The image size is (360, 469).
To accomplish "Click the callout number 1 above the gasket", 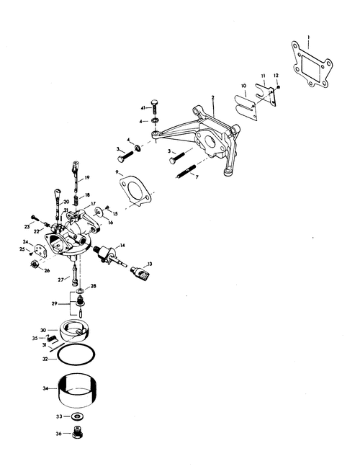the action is pyautogui.click(x=309, y=37).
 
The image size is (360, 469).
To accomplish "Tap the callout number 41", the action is pyautogui.click(x=143, y=107).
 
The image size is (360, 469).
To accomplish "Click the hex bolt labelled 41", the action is pyautogui.click(x=155, y=107).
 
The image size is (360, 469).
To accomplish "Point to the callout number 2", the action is pyautogui.click(x=212, y=97).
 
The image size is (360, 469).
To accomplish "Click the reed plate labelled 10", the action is pyautogui.click(x=246, y=107).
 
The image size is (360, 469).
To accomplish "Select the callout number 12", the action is pyautogui.click(x=276, y=76).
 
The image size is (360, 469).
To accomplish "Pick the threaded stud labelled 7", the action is pyautogui.click(x=186, y=171).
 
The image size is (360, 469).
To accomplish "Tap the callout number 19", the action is pyautogui.click(x=86, y=177).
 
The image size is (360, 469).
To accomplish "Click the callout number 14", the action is pyautogui.click(x=122, y=246).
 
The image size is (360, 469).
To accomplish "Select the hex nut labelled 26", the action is pyautogui.click(x=35, y=264).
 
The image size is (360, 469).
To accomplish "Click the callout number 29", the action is pyautogui.click(x=54, y=303).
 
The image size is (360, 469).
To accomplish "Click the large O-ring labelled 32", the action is pyautogui.click(x=76, y=354).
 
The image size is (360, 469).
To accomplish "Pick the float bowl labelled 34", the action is pyautogui.click(x=77, y=391).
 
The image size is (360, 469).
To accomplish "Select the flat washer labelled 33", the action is pyautogui.click(x=77, y=416).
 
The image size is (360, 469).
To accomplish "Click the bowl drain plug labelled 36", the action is pyautogui.click(x=78, y=432).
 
